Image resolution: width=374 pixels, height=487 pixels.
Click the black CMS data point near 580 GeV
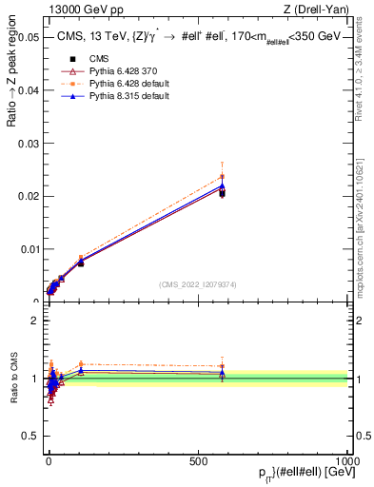point(222,193)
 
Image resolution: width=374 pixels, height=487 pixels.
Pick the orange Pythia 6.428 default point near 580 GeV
point(222,176)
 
